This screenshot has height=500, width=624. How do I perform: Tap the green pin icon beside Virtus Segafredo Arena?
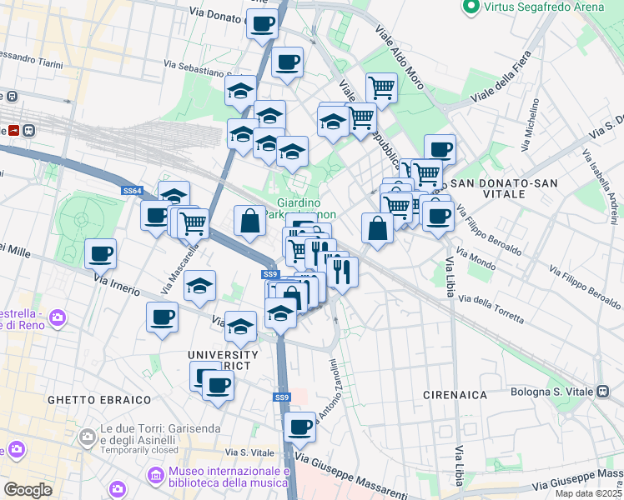click(x=471, y=7)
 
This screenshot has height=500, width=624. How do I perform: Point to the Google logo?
click(x=28, y=489)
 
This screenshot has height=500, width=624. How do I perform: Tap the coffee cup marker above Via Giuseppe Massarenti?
click(x=300, y=427)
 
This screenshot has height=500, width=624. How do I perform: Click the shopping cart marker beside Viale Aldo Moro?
click(x=381, y=87)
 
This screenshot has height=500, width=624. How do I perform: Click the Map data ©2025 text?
click(x=588, y=493)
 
